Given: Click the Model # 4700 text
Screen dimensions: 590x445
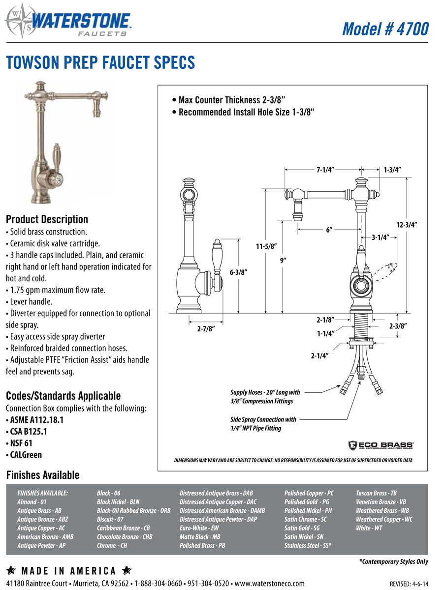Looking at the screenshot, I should point(385,29).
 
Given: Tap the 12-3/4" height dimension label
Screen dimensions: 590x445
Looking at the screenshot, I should point(406,225).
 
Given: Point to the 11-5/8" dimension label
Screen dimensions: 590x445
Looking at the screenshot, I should point(266,246).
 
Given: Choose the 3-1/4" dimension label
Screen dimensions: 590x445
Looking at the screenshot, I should point(381,237).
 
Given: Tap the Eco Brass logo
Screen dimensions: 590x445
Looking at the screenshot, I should point(381,445).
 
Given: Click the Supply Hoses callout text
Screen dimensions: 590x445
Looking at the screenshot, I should point(265,397).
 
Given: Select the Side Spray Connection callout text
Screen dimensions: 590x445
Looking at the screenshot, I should point(263,424).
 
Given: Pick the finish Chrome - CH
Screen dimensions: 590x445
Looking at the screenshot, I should point(112,546).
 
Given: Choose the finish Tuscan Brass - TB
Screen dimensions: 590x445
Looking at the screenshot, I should point(376,493).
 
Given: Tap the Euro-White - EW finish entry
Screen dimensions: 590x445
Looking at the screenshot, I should point(199,528).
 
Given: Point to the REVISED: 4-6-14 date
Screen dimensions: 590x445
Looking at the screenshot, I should point(409,584).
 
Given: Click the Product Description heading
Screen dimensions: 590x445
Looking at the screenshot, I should point(47,219).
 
